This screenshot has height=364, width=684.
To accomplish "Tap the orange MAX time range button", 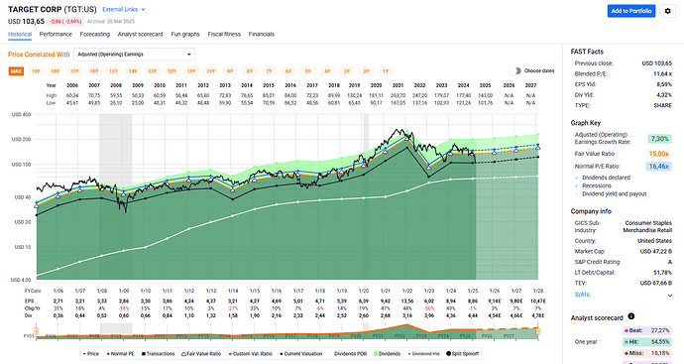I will pyautogui.click(x=16, y=71).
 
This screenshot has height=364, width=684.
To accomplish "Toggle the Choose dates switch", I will pyautogui.click(x=514, y=71).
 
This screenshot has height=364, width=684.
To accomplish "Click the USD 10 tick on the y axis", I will pyautogui.click(x=20, y=246).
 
